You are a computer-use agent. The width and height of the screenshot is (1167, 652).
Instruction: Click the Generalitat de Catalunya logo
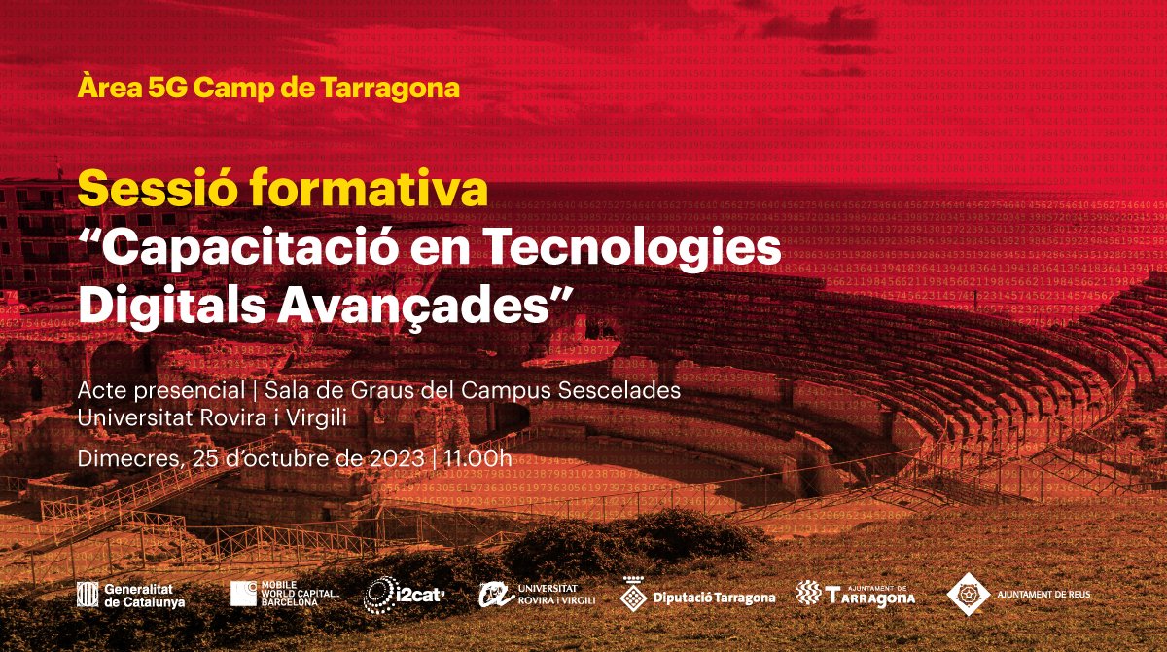pos(130,596)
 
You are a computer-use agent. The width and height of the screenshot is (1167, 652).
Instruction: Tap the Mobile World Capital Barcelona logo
pos(284,594)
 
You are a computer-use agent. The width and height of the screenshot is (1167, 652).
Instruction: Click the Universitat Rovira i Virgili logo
pos(538,595)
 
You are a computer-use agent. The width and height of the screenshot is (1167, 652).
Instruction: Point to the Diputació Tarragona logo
pos(698,596)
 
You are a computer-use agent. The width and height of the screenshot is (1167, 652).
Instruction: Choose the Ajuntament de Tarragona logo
pos(856,594)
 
